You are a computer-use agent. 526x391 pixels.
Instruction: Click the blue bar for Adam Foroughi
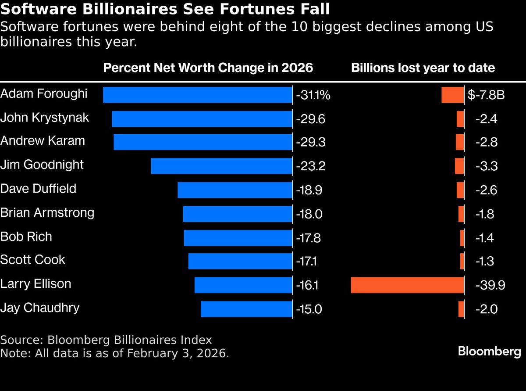197,95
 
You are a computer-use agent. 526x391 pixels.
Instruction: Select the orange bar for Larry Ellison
407,285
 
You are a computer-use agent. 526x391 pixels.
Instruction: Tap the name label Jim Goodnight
42,165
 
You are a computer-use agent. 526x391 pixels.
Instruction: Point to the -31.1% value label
313,95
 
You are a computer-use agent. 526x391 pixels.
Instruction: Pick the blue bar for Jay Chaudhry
246,309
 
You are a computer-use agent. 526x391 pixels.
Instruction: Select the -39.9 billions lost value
490,285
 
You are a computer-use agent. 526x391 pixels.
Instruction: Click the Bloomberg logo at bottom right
489,351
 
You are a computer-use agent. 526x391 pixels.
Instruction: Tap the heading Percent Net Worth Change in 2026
208,68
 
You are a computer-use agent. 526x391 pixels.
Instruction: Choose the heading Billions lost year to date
423,68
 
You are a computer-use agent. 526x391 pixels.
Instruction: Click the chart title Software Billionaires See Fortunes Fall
165,9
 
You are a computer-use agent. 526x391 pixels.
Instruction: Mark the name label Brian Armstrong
47,212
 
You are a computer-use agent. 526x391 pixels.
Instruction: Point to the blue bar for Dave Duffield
235,190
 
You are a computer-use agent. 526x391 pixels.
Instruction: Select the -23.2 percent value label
310,166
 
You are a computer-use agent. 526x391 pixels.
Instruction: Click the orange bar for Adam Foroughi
452,95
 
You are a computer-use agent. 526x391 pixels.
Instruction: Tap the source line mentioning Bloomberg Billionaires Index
106,340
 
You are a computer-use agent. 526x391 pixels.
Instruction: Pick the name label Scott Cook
32,260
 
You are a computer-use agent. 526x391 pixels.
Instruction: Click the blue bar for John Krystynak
202,119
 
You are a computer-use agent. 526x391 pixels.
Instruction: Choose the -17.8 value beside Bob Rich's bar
309,238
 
